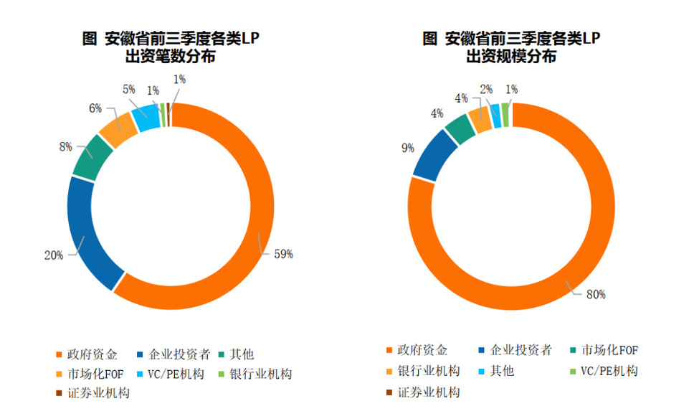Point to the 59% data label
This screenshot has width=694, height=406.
tap(282, 254)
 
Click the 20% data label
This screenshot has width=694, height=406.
tap(54, 255)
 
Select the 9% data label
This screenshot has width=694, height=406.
tap(408, 148)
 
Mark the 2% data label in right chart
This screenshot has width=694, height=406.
tap(486, 89)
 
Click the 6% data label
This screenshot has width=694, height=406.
tap(95, 108)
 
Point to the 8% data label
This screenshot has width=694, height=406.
tap(65, 147)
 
